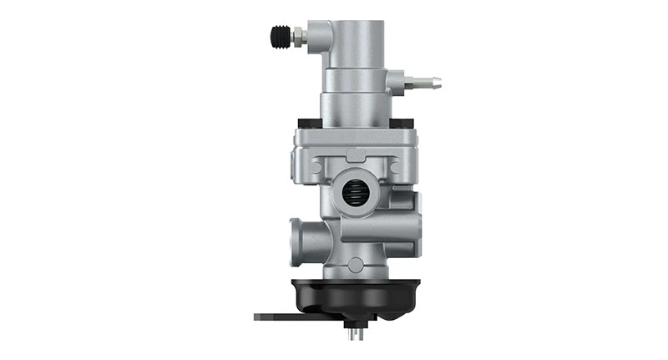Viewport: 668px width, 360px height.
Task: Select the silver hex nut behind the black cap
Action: click(x=297, y=37)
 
